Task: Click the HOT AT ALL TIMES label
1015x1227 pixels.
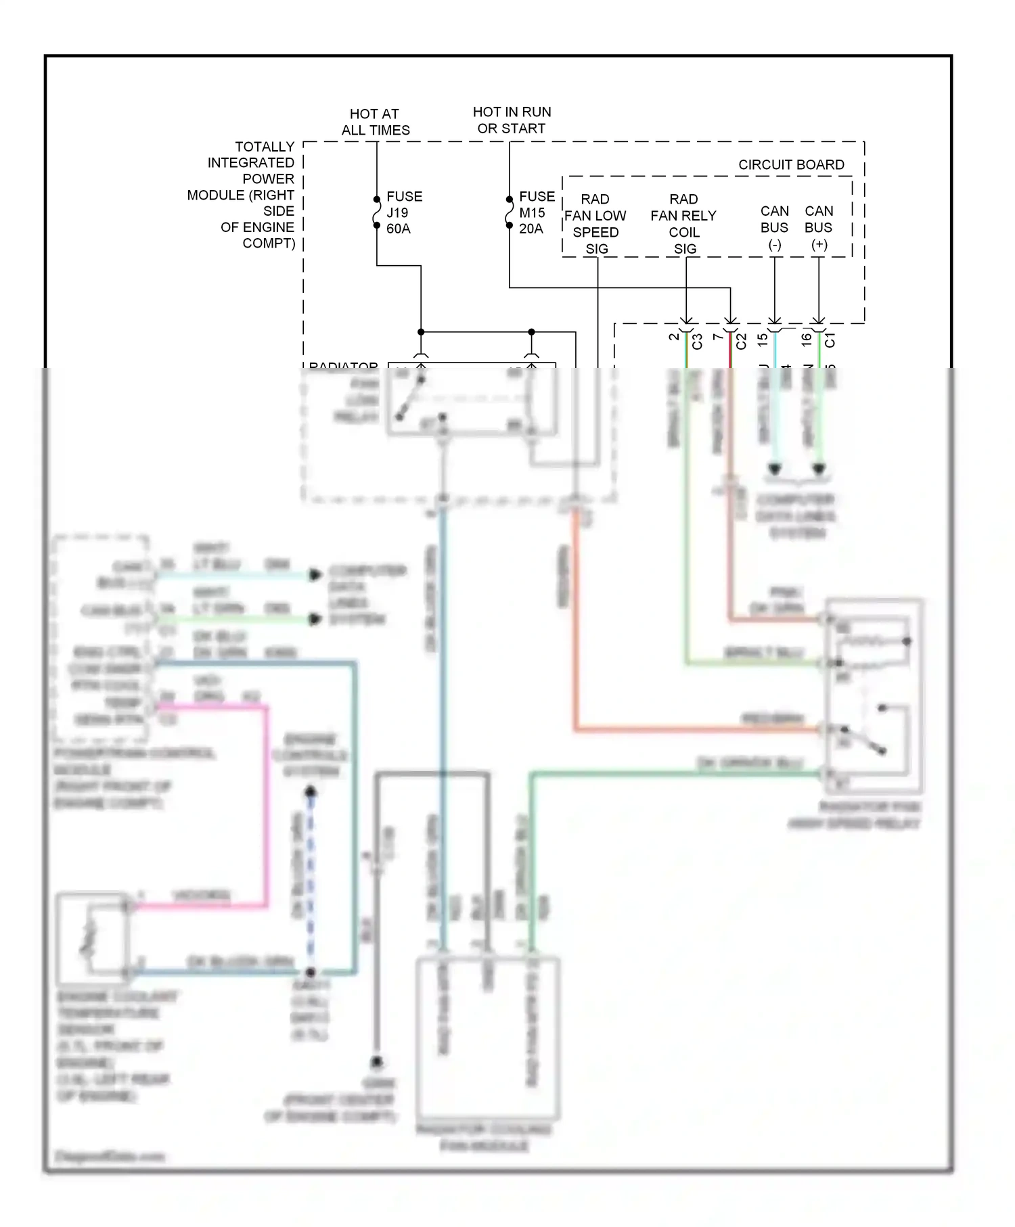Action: [x=375, y=122]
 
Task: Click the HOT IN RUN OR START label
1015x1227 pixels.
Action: [x=512, y=120]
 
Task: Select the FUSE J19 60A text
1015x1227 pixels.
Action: [x=404, y=212]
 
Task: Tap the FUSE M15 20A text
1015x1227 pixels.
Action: [x=537, y=212]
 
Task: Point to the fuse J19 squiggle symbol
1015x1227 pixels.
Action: [x=377, y=212]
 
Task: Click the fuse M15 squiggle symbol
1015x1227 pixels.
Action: [x=510, y=212]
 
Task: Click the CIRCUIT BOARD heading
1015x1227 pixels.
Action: [x=791, y=164]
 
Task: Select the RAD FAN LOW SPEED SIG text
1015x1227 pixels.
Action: [x=595, y=224]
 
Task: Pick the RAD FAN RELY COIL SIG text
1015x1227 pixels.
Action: [x=683, y=224]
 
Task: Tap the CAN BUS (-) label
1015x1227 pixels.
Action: [x=774, y=227]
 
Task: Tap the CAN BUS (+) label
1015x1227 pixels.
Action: [x=819, y=227]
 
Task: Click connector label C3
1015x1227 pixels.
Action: [x=698, y=341]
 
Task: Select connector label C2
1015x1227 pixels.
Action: [x=742, y=341]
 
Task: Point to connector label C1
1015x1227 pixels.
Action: [x=830, y=340]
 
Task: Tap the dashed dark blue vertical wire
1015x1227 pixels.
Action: [x=311, y=879]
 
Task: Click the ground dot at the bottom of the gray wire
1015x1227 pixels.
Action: [x=377, y=1062]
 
